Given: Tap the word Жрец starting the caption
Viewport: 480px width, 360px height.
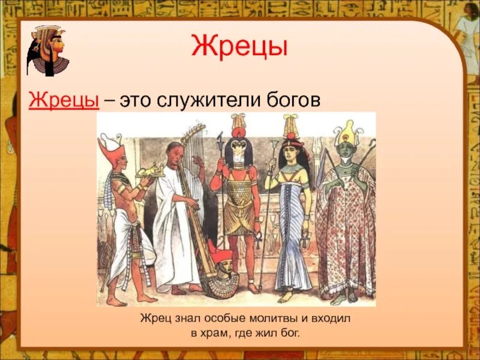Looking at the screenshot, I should click(x=155, y=319).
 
